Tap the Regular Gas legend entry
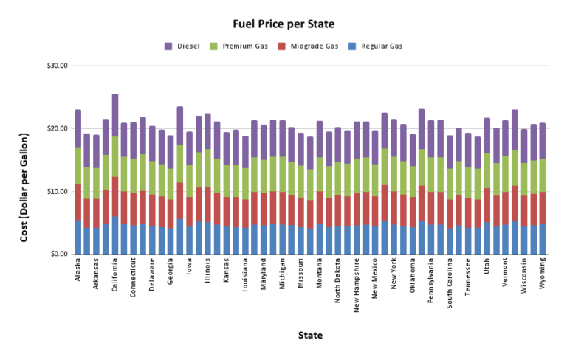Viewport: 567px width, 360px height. click(382, 46)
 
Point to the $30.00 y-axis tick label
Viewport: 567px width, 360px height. click(57, 66)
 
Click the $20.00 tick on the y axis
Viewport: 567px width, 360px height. click(57, 128)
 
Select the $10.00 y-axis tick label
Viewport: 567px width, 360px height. click(57, 192)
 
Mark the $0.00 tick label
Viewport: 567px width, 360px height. click(58, 255)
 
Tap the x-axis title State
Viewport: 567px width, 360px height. click(309, 336)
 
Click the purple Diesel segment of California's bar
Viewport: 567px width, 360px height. click(115, 115)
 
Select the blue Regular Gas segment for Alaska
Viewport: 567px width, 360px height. click(78, 237)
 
